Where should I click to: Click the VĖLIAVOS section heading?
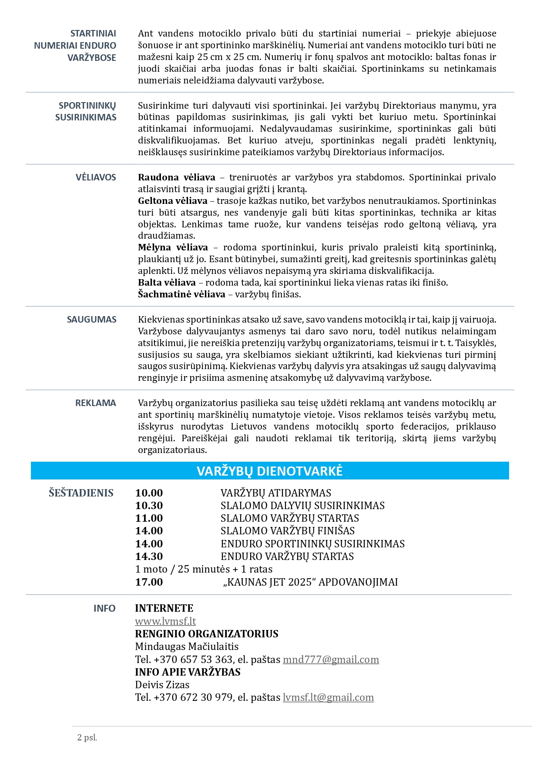[x=96, y=177]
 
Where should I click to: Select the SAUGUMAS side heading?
[x=91, y=320]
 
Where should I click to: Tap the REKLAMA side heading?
[x=96, y=403]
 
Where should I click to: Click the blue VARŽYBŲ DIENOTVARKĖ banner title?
[x=270, y=471]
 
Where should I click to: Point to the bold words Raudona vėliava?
[x=176, y=177]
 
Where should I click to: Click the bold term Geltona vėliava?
[x=172, y=201]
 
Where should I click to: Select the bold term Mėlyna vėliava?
[x=173, y=247]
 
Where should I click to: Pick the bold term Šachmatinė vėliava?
[x=181, y=294]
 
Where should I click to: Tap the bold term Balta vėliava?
[x=167, y=283]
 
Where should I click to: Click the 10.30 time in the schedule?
[x=149, y=506]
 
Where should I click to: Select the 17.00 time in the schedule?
[x=149, y=582]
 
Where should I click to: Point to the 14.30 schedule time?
[x=149, y=556]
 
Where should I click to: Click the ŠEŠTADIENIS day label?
[x=81, y=493]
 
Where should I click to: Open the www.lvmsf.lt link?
[x=165, y=621]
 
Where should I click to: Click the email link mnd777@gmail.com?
[x=331, y=660]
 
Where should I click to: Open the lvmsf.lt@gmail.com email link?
[x=328, y=697]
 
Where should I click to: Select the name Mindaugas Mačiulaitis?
[x=187, y=646]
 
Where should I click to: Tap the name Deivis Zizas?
[x=162, y=685]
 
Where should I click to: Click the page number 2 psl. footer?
[x=87, y=737]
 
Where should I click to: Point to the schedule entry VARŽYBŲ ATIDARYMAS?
[x=275, y=493]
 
